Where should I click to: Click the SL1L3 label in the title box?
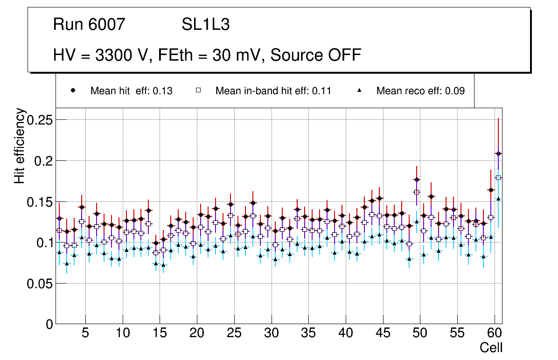pos(205,25)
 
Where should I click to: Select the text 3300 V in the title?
pos(123,55)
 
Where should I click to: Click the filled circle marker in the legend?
pos(73,90)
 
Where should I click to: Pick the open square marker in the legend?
pos(198,90)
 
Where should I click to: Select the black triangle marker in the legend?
pos(359,90)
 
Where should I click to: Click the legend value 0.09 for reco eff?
pos(454,91)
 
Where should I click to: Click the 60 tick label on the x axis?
pos(494,334)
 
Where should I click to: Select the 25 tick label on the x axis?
pos(234,334)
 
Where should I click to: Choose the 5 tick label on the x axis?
pos(85,334)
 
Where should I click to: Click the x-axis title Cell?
pos(491,348)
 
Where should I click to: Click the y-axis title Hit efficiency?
pos(20,145)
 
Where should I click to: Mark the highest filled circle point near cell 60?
pos(498,153)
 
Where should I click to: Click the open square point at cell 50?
pos(417,192)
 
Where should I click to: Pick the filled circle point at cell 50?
pos(417,180)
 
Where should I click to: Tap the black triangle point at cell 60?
pos(498,199)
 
